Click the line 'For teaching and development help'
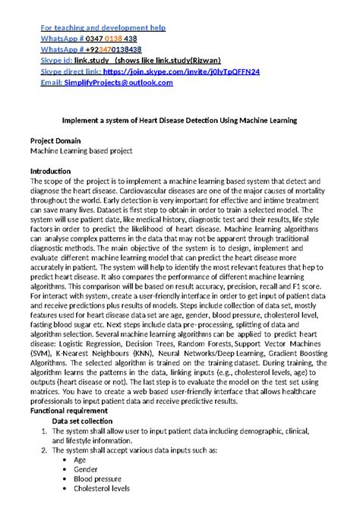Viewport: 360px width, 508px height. coord(103,28)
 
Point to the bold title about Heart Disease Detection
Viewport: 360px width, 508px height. coord(179,120)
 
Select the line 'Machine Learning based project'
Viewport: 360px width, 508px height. coord(81,150)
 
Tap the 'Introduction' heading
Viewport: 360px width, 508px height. coord(50,171)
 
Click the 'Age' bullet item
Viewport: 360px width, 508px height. coord(80,460)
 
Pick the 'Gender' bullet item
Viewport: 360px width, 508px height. coord(85,470)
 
